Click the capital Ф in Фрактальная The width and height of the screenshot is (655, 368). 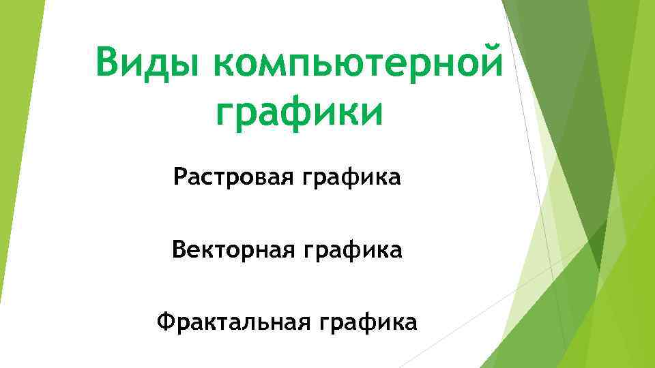click(x=166, y=320)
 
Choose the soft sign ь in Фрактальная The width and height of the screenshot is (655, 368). click(x=269, y=321)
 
